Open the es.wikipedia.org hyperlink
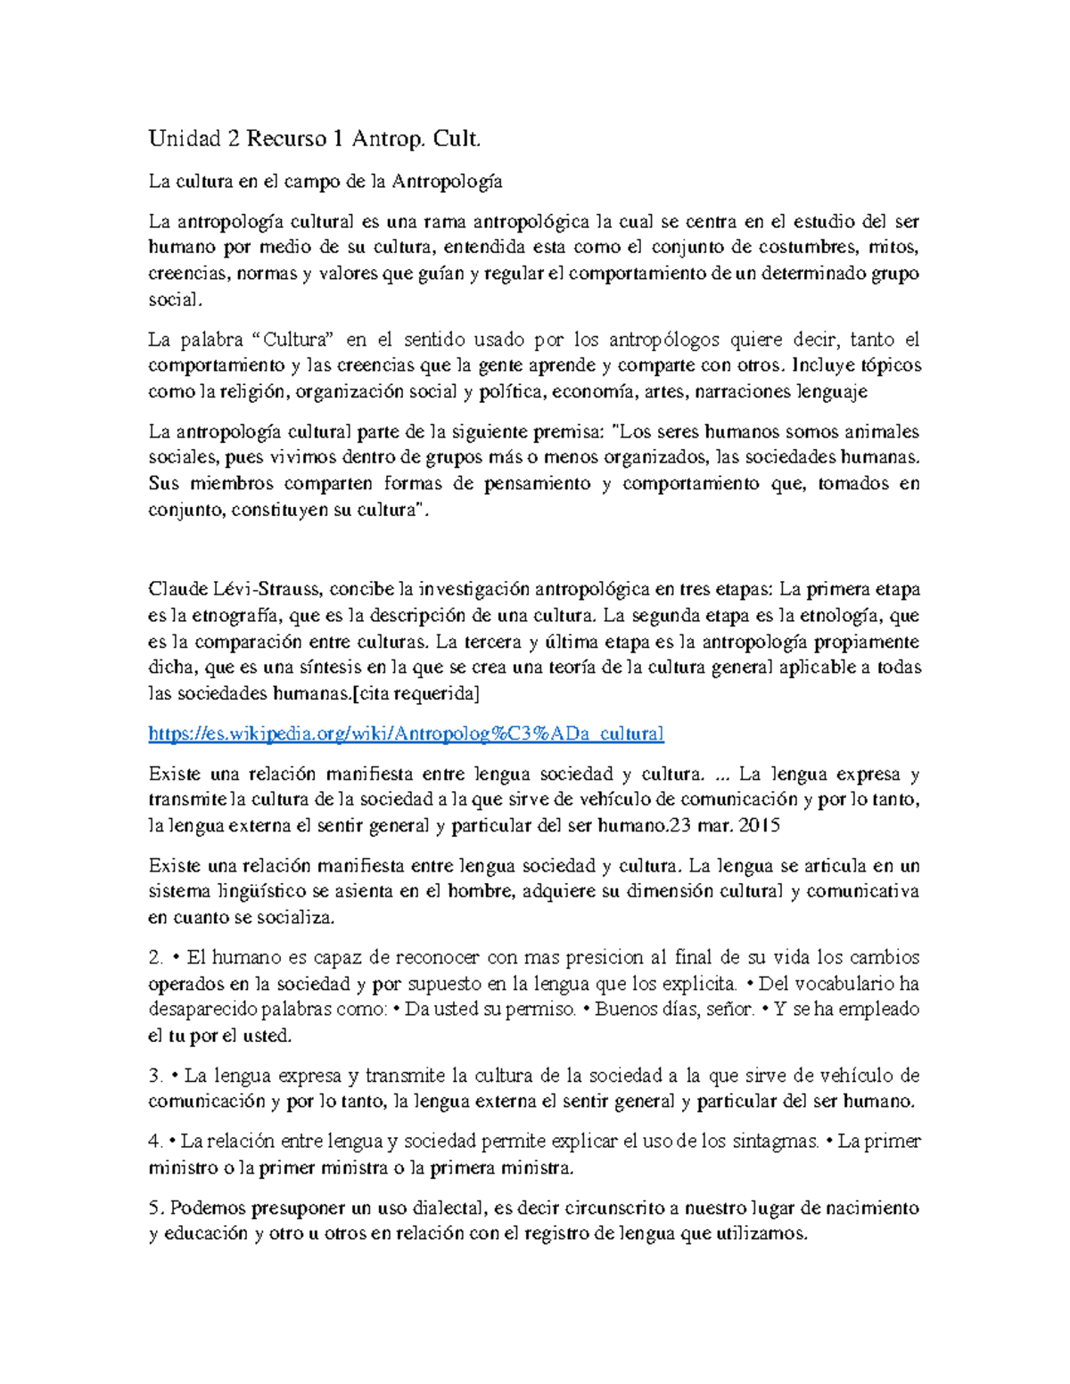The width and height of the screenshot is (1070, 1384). click(406, 733)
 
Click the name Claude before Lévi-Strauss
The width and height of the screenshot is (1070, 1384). click(178, 589)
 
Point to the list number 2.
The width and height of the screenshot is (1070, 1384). click(156, 958)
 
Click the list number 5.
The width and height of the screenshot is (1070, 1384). click(154, 1208)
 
